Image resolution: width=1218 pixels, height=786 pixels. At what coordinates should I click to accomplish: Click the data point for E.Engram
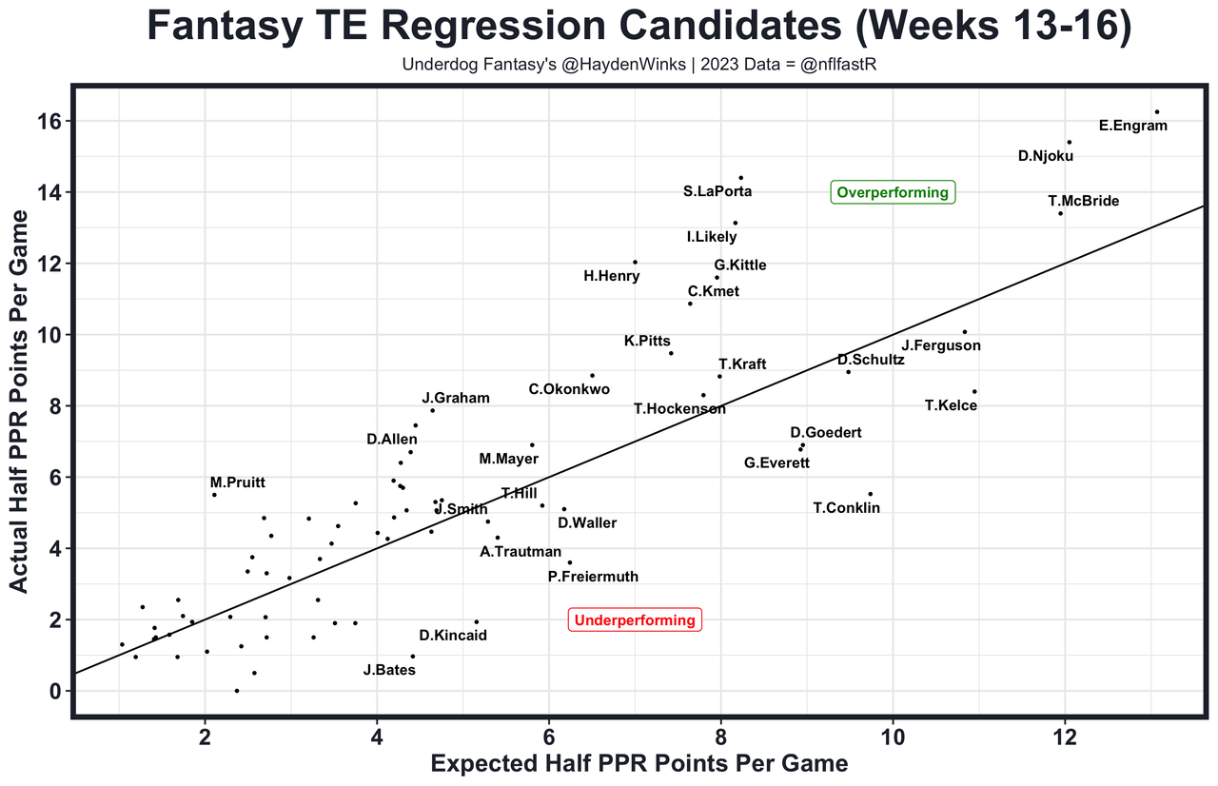click(x=1156, y=112)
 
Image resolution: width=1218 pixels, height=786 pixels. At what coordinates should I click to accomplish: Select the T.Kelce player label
click(x=951, y=406)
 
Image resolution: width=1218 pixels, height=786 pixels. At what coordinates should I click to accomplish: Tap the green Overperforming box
click(x=893, y=192)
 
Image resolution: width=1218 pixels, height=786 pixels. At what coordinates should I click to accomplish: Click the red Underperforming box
click(x=635, y=620)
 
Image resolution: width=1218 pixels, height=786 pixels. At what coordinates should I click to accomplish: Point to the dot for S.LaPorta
click(x=740, y=178)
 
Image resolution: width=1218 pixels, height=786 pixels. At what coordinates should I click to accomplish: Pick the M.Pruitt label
click(x=238, y=483)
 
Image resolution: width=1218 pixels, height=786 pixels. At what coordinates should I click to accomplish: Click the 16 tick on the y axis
click(x=50, y=122)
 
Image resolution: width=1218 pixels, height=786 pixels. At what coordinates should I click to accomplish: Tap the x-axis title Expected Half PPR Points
click(x=639, y=764)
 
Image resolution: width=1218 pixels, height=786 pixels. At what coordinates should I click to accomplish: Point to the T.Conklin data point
click(x=870, y=494)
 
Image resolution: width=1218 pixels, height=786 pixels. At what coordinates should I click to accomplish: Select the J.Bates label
click(x=389, y=670)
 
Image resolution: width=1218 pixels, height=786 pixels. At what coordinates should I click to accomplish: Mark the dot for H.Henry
click(x=635, y=262)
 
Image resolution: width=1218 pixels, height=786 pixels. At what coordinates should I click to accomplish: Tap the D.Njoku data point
click(x=1069, y=143)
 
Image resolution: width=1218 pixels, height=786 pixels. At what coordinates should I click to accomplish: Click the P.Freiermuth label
click(x=593, y=577)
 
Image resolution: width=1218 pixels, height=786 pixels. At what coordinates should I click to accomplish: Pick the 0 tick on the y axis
click(x=56, y=691)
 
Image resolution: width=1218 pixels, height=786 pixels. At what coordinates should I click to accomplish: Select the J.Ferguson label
click(x=941, y=345)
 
